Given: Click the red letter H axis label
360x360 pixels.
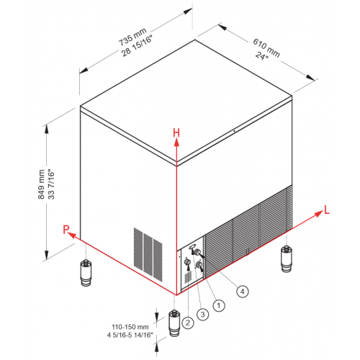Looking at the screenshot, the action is [176, 132].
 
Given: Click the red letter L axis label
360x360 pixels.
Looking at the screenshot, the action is [327, 210].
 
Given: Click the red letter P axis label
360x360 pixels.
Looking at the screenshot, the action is [66, 229].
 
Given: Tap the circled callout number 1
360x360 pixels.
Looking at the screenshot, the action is [219, 305].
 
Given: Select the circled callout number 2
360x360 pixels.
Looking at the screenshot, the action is [188, 323].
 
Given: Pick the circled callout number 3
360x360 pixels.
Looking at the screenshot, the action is [203, 314].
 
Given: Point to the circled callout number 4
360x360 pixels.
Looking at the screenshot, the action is [243, 292].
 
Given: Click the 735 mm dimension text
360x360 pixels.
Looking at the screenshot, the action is [132, 37].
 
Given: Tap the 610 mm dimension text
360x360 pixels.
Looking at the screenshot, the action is [266, 48].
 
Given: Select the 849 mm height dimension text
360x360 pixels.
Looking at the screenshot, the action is [41, 184].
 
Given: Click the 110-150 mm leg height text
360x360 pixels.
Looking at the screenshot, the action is [130, 327].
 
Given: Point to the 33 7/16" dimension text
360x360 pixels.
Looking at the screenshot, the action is [51, 185].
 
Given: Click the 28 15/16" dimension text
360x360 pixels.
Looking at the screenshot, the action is [138, 46].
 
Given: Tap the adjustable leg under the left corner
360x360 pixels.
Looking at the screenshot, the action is [86, 273].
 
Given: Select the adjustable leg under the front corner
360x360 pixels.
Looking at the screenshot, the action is [174, 323].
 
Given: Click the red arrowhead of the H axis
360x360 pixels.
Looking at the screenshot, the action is [176, 142].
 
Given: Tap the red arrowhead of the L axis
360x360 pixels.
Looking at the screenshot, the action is [319, 214].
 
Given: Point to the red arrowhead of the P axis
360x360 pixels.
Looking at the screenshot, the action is [72, 235].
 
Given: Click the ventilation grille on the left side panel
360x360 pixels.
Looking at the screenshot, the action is [148, 254].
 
